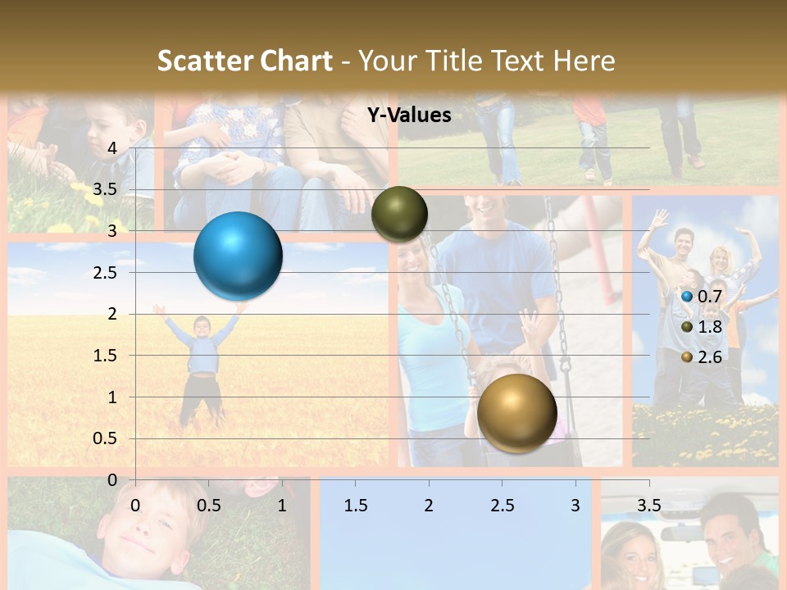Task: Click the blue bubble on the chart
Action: [238, 256]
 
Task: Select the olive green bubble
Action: [399, 214]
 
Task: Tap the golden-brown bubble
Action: [516, 413]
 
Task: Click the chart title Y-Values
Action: [408, 116]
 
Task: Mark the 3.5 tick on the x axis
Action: [648, 505]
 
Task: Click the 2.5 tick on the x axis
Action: [502, 505]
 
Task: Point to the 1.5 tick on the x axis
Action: [355, 505]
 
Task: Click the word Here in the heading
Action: [584, 61]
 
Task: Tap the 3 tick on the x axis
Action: [575, 505]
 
